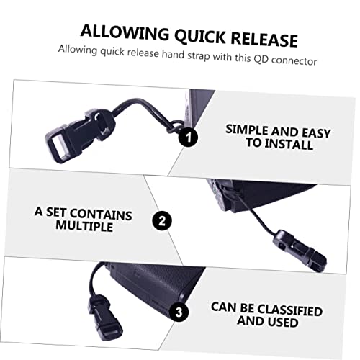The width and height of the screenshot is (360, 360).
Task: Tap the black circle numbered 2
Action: pos(163,221)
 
